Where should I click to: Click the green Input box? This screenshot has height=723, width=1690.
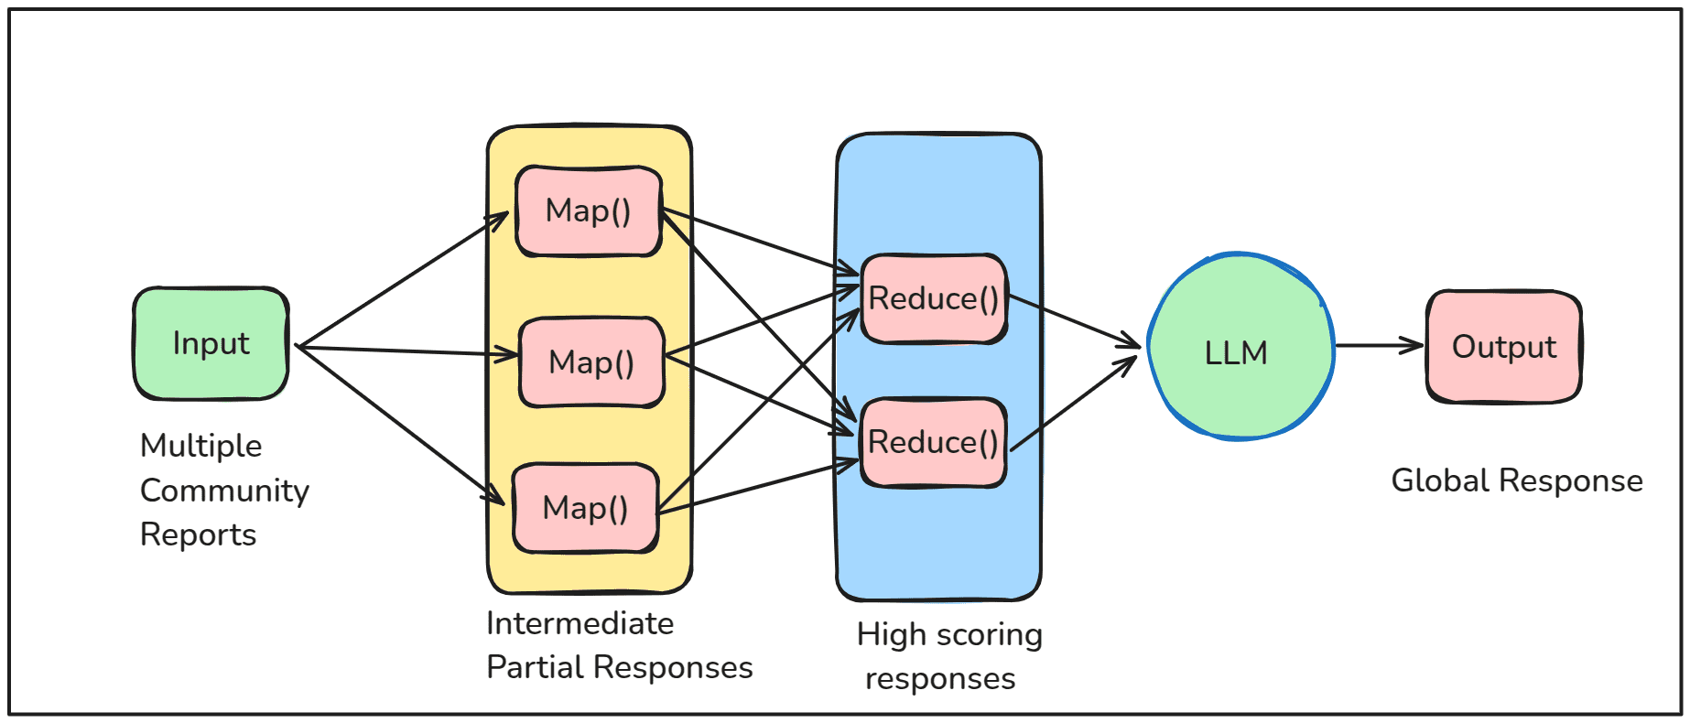(x=211, y=344)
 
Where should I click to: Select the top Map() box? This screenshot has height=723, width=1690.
(x=589, y=211)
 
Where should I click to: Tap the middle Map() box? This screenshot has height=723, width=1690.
(x=591, y=362)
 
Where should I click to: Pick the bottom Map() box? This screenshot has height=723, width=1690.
(x=586, y=508)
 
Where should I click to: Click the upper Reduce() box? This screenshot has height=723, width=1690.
(x=934, y=299)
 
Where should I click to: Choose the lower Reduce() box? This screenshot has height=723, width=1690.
(x=934, y=443)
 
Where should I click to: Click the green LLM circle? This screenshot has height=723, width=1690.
(x=1240, y=347)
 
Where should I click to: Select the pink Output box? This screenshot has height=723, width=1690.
(x=1504, y=347)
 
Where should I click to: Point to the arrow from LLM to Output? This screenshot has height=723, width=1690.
(x=1380, y=346)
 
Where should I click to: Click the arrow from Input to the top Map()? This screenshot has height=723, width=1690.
(x=403, y=280)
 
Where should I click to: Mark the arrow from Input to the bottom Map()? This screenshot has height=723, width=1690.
(x=401, y=426)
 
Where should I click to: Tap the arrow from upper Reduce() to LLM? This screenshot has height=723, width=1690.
(x=1075, y=320)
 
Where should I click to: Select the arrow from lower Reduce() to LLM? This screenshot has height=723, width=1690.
(x=1074, y=403)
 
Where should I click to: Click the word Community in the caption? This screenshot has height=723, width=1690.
(x=224, y=491)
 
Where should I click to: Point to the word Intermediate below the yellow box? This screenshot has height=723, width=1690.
(x=580, y=623)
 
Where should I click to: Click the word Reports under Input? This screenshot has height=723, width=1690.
(x=199, y=535)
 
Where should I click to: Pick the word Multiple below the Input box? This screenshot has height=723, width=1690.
(x=201, y=447)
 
